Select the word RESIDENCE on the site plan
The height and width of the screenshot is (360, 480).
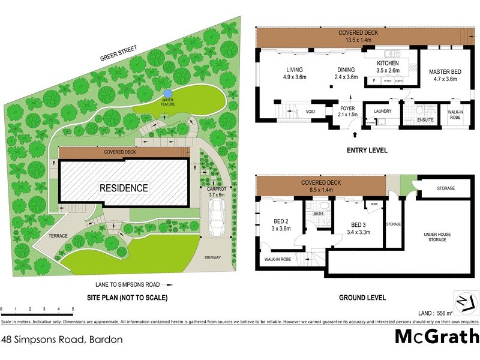[x=124, y=188]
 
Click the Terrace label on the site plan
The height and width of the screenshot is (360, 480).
[x=58, y=236]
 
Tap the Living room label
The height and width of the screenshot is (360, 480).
[x=295, y=74]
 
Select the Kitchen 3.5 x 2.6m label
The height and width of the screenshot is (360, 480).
[x=388, y=67]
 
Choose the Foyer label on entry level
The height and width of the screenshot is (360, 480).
[x=347, y=112]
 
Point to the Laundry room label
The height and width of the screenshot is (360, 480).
[x=382, y=111]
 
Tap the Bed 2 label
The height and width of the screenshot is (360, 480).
[x=277, y=224]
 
